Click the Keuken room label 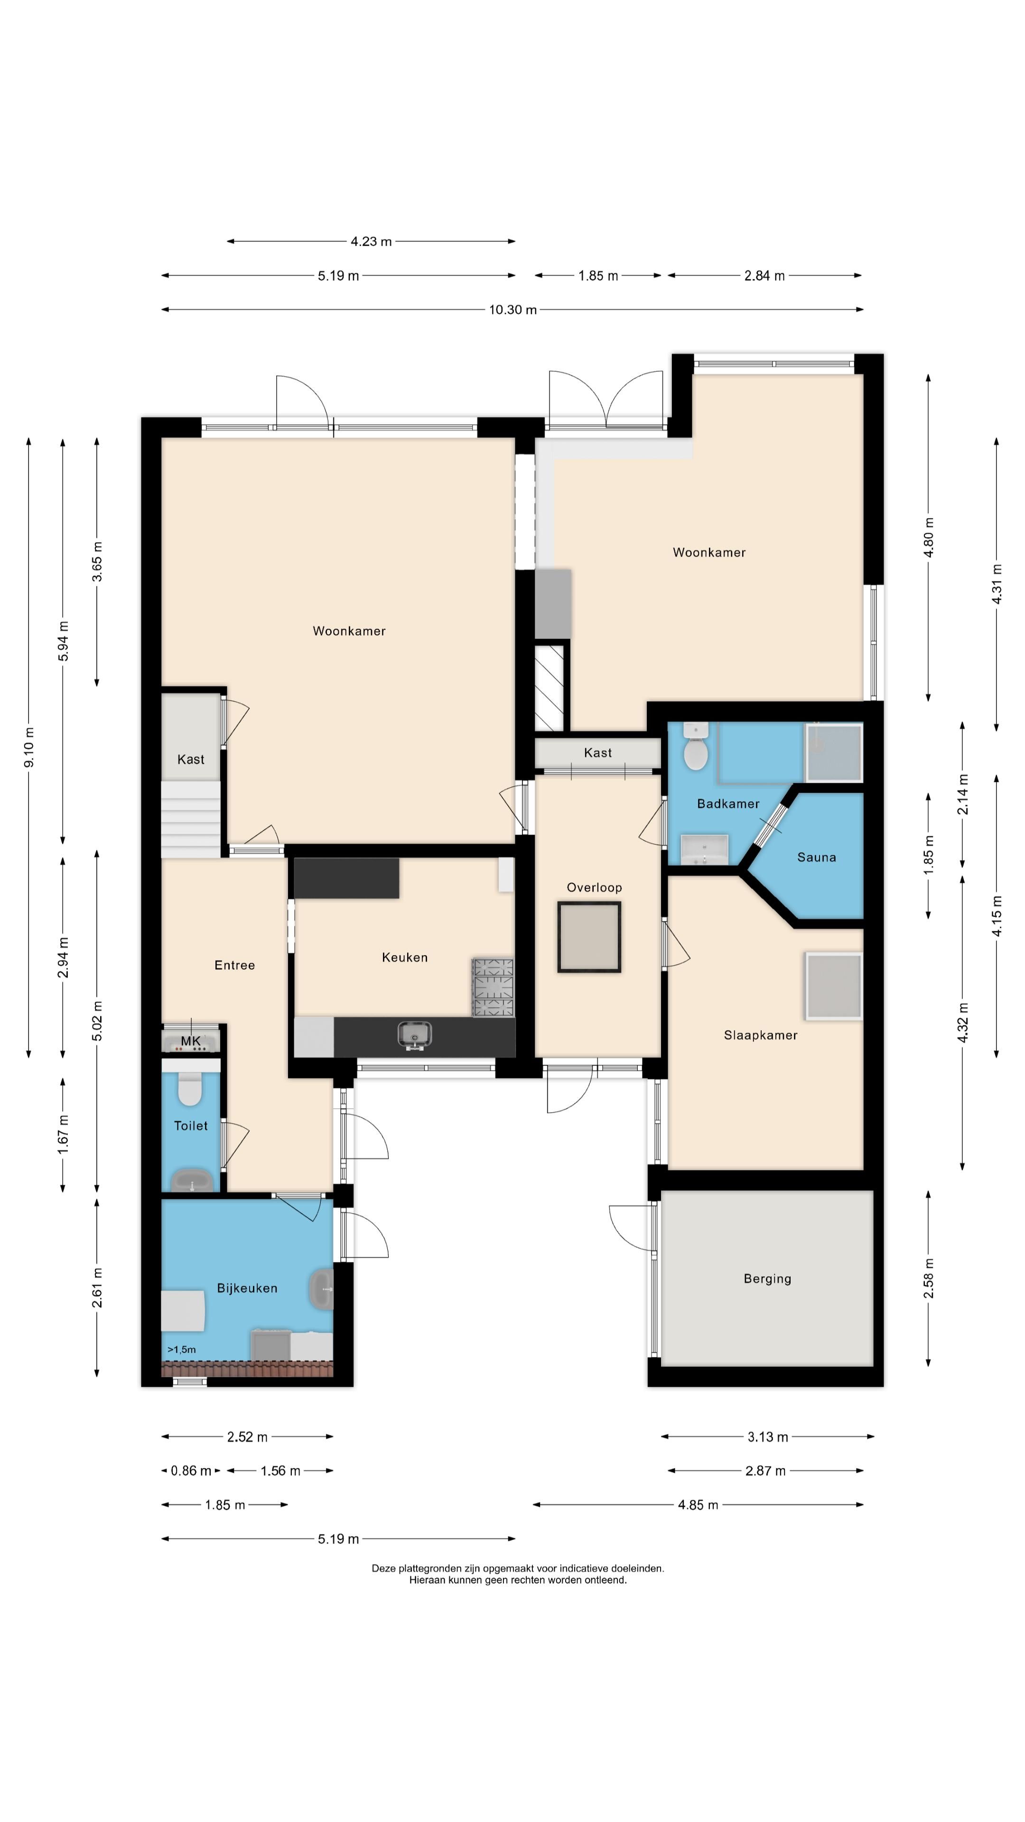click(x=405, y=957)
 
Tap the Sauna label click(x=816, y=857)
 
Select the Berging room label click(x=767, y=1279)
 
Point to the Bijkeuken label click(x=247, y=1289)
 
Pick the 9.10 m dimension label click(x=29, y=747)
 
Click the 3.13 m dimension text click(x=767, y=1437)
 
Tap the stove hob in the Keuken click(x=493, y=987)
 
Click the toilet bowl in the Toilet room click(x=190, y=1088)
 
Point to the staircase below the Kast click(x=191, y=819)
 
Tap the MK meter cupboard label click(x=191, y=1041)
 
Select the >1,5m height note click(x=182, y=1349)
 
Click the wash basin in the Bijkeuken click(x=321, y=1289)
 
